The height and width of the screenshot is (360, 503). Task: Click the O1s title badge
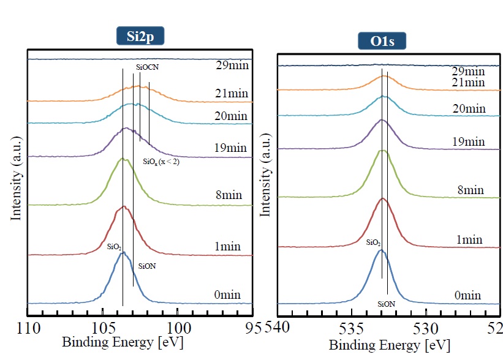(x=382, y=42)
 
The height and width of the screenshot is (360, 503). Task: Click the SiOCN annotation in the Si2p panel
(x=146, y=70)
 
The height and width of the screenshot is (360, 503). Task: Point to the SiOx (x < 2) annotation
(x=161, y=162)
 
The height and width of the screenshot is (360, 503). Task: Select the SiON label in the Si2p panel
(x=147, y=267)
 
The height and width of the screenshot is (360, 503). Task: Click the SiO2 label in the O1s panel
(x=374, y=243)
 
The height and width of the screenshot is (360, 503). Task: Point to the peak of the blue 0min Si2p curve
(x=123, y=252)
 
